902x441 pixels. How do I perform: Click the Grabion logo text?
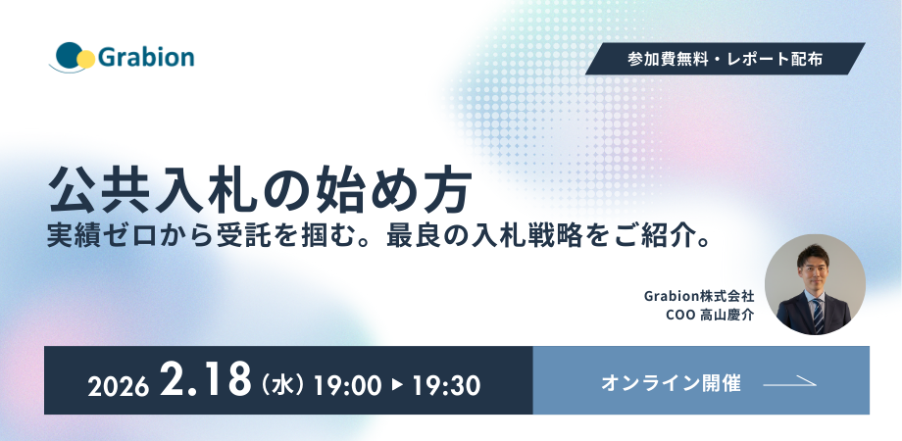146,58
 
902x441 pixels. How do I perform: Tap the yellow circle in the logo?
85,59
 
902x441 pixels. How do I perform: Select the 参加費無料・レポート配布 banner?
725,59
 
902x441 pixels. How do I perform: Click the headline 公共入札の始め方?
260,189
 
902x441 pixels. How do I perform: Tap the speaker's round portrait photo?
815,284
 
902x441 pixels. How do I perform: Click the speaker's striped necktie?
818,316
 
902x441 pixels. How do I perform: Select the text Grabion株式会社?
698,296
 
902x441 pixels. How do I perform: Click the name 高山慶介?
727,316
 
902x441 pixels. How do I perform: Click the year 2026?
118,387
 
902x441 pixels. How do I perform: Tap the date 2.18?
205,380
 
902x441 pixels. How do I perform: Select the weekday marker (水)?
283,386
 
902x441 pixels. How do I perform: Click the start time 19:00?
347,386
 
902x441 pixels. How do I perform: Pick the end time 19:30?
446,386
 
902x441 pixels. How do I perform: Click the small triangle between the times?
397,386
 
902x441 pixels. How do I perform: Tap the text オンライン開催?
671,383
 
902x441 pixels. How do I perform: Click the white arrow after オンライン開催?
789,382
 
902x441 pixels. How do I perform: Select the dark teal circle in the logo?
69,56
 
